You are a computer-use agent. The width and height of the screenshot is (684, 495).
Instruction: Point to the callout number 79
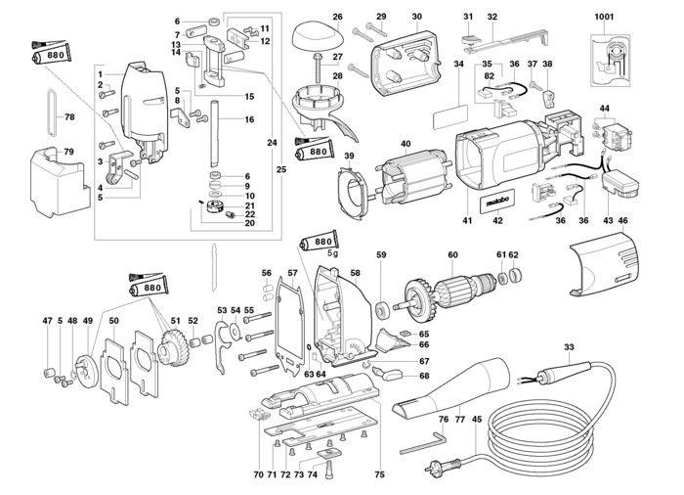coord(68,152)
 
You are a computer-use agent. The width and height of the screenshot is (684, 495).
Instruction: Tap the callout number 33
coord(568,347)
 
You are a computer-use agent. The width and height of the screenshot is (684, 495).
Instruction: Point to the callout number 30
coord(417,17)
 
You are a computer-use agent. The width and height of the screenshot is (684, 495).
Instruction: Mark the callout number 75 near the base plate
coord(379,474)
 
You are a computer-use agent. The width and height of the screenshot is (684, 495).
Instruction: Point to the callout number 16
coord(249,119)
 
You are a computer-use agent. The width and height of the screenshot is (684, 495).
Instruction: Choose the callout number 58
coord(355,273)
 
